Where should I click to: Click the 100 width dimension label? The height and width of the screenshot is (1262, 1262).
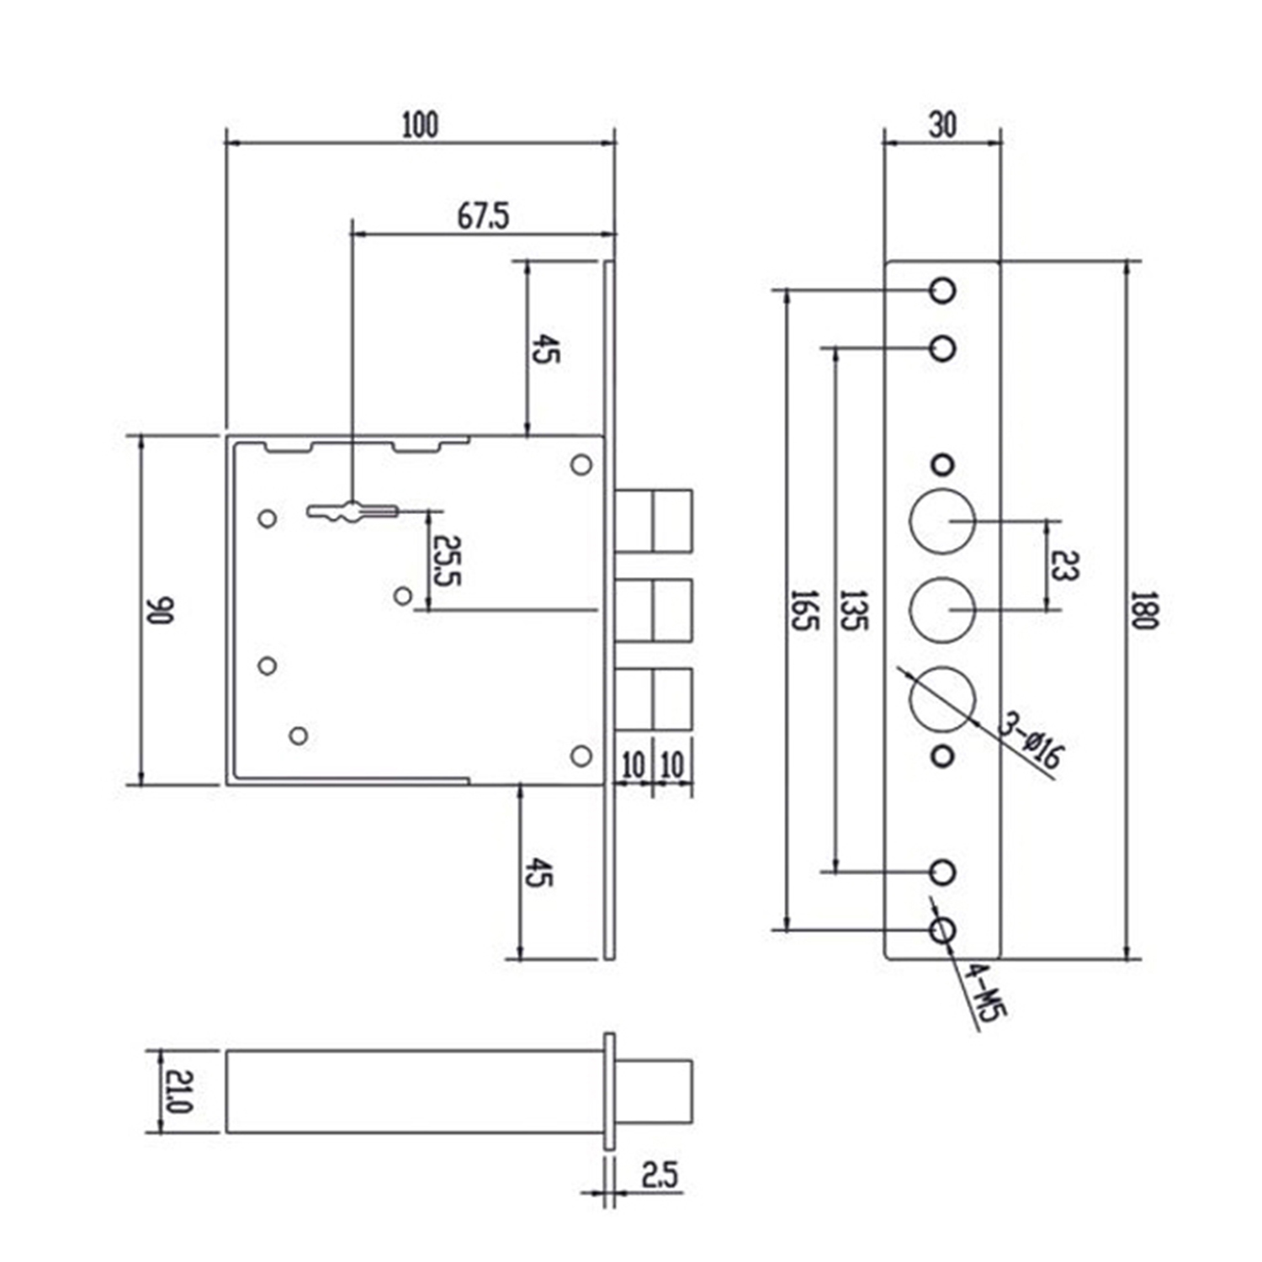(420, 125)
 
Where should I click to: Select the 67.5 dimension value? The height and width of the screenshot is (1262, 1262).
(483, 216)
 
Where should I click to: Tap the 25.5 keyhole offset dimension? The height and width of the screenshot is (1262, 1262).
(446, 560)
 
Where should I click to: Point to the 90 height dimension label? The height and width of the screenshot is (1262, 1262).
(159, 610)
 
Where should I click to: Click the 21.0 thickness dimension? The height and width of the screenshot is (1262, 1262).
(179, 1091)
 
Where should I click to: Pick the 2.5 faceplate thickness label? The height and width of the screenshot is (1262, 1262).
(660, 1175)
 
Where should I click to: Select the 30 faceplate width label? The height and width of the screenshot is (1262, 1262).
(942, 125)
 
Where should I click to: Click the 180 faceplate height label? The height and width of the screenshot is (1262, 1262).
(1144, 610)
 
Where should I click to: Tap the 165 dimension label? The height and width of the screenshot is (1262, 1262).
(803, 610)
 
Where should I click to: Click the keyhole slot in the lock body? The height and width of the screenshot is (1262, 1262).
(351, 510)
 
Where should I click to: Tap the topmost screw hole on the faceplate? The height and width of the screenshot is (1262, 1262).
(943, 290)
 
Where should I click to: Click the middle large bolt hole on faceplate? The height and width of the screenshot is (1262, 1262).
(943, 610)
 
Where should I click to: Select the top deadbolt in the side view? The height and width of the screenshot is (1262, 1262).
(653, 520)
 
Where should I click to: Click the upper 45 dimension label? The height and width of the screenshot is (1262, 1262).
(545, 347)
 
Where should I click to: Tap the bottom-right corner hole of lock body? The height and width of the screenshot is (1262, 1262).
(581, 756)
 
